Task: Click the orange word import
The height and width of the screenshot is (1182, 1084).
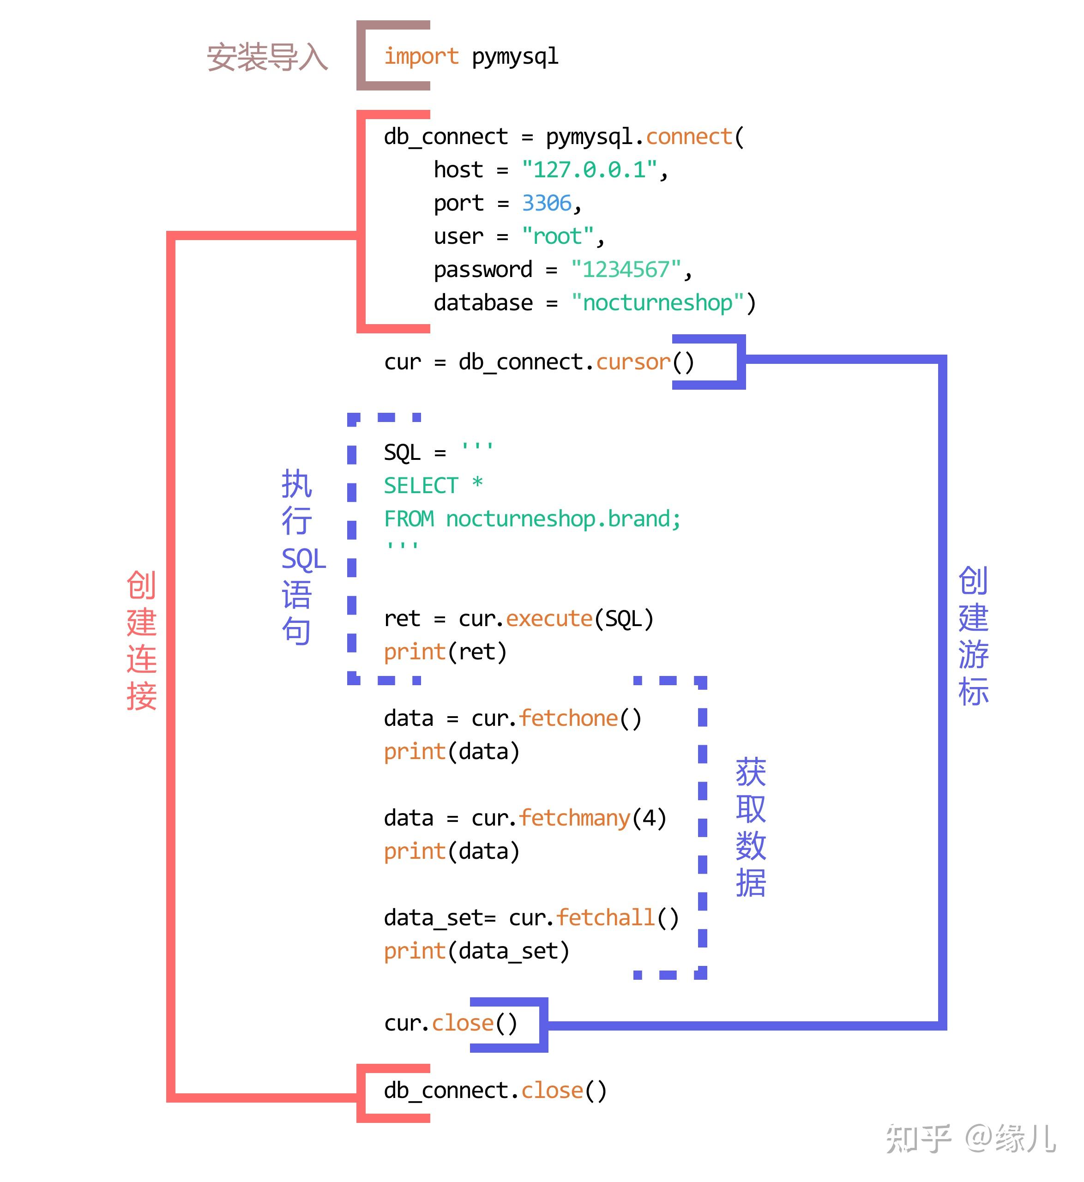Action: [x=421, y=57]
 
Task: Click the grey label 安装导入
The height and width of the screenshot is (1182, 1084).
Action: [x=267, y=58]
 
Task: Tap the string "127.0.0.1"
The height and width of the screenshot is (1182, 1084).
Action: [x=589, y=170]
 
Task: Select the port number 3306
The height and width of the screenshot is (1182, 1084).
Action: [x=546, y=204]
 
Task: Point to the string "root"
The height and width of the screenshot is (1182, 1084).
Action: [x=557, y=236]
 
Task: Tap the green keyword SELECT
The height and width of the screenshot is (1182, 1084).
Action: [x=421, y=486]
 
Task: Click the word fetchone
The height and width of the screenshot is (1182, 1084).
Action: [x=568, y=718]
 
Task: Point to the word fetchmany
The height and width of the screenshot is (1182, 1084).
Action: [x=574, y=818]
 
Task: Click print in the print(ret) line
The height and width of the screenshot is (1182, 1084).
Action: [x=414, y=652]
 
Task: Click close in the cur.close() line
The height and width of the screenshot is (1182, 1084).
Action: [x=463, y=1024]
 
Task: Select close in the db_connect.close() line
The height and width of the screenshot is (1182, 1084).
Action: [x=552, y=1091]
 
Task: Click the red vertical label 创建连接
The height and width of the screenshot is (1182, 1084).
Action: [x=141, y=640]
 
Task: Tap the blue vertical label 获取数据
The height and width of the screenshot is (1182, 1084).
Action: [x=750, y=827]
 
